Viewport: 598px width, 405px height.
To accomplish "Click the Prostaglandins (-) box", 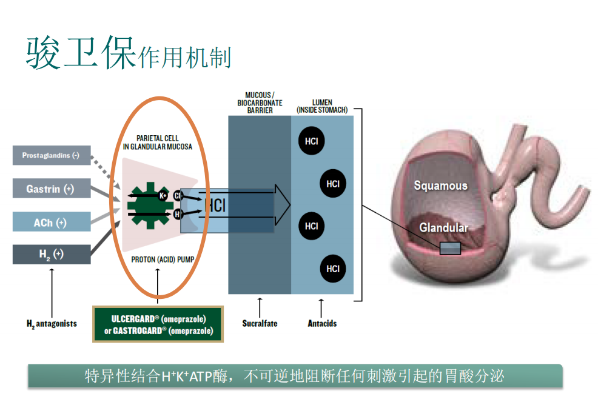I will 52,156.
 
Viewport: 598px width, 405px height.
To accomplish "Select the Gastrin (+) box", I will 52,189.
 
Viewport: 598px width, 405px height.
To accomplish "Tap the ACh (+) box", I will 52,223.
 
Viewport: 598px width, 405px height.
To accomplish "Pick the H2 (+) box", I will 52,254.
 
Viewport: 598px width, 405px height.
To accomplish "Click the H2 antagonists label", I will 52,324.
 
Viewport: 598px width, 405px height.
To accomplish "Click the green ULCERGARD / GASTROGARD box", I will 158,325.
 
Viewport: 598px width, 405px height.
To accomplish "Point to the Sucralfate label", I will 260,323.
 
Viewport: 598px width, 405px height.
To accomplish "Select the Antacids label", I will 322,323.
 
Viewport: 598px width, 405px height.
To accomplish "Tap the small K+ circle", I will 163,195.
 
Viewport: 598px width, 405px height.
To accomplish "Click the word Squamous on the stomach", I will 441,186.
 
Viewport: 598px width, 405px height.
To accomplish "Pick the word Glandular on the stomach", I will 444,228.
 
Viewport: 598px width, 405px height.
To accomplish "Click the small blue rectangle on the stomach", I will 450,248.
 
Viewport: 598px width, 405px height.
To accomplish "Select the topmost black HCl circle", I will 311,141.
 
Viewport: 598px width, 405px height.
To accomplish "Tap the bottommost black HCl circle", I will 332,269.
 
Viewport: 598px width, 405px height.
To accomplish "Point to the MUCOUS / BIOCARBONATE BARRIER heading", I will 260,103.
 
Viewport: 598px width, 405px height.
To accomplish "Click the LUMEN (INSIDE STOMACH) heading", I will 322,106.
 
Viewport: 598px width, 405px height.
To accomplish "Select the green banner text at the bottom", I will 295,376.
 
